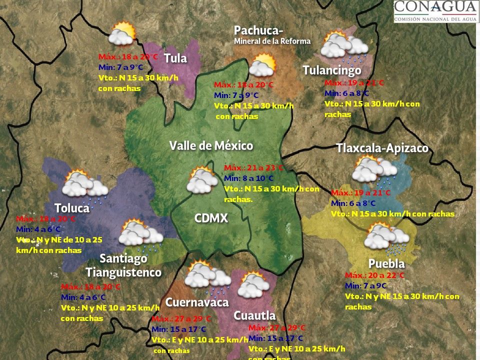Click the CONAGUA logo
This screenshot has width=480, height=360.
(435, 11)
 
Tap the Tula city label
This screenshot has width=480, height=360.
(175, 58)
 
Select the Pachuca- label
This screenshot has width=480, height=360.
(255, 30)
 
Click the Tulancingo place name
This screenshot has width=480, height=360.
(331, 70)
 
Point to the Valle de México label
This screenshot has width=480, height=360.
(211, 146)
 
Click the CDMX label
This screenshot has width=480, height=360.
(211, 218)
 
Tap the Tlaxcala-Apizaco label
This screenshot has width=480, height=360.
(382, 148)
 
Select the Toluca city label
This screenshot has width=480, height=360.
(71, 208)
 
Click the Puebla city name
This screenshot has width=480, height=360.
(386, 263)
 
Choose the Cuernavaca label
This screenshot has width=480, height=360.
(196, 302)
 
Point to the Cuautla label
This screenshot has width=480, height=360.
(254, 315)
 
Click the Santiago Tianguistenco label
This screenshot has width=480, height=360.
(123, 265)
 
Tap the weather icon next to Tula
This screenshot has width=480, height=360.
(122, 34)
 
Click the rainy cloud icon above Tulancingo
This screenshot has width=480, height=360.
(344, 46)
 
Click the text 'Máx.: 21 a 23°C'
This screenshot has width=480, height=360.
(253, 168)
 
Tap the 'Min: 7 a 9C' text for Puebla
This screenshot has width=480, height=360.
(365, 286)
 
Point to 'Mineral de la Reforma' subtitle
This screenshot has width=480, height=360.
(272, 41)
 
